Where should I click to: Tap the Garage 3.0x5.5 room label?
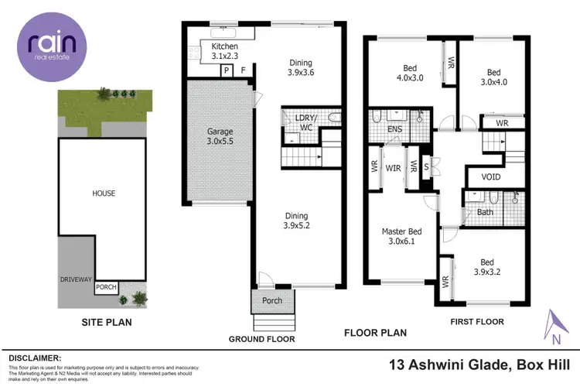point(220,137)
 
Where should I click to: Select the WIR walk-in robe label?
point(393,167)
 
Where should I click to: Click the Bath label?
point(485,212)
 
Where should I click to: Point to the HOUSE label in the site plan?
point(104,193)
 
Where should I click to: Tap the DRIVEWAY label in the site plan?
point(77,278)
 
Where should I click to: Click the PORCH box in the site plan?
point(106,287)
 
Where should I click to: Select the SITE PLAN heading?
point(104,321)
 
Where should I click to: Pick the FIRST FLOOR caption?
point(477,321)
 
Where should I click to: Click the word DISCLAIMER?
point(35,358)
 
